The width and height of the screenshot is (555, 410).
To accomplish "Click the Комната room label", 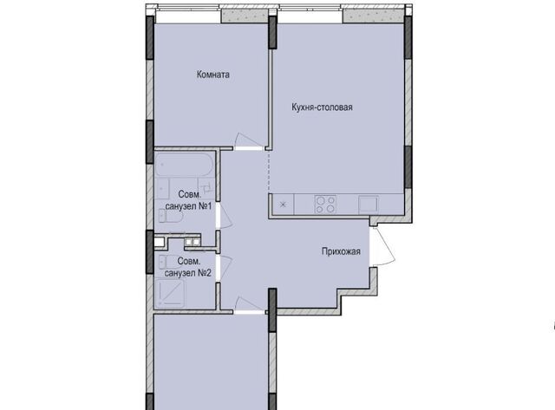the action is point(213,75).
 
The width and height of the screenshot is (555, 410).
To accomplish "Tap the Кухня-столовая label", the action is point(322,107).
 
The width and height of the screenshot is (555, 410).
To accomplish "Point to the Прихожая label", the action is point(341,251).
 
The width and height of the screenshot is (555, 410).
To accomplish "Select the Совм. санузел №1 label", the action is point(189,200).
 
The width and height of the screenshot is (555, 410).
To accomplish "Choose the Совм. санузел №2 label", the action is point(188,267).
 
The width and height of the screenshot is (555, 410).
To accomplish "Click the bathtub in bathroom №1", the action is point(184,165).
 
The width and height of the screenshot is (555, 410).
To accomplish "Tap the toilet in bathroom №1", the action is point(170,216).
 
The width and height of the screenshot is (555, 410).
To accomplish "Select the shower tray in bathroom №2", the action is point(170,293).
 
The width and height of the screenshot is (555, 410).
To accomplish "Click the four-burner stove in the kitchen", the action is point(325,205).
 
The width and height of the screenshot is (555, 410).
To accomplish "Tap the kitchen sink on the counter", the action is point(369,205).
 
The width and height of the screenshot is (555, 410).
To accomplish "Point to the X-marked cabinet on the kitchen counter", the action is point(283,205).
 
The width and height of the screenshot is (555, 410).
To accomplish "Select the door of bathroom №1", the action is point(225,216).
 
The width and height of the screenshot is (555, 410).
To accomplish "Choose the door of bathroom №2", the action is point(225,268).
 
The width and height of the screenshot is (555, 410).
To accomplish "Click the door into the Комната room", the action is point(249,141).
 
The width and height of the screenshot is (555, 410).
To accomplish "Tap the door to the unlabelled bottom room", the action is point(249,306).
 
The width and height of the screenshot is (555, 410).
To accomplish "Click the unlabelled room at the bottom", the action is point(211,361).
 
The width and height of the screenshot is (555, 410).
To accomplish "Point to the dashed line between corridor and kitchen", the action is point(269,171).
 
